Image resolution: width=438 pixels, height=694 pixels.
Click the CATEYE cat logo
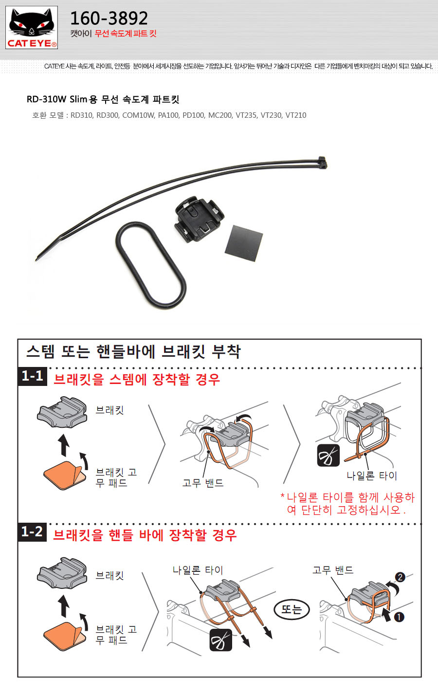tap(32, 28)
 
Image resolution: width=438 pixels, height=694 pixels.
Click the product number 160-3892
tap(109, 18)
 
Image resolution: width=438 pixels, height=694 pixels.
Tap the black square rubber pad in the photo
tap(244, 243)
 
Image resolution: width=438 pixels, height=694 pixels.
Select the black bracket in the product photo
tap(200, 219)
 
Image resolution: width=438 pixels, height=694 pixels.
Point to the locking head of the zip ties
tap(322, 163)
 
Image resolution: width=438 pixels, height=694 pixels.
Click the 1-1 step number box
tap(33, 376)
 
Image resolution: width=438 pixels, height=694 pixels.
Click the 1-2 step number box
tap(32, 532)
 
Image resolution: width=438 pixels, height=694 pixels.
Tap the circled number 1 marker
tap(399, 617)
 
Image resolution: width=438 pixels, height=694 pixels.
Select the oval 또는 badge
tap(292, 609)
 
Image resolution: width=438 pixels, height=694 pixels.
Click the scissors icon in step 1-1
tap(328, 456)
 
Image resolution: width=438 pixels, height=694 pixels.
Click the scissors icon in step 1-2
tap(221, 640)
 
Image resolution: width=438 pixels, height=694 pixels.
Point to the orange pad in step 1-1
tap(64, 475)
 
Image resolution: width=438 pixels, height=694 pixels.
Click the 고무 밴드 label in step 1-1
tap(203, 483)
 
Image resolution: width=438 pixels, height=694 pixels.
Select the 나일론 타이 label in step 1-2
tap(198, 570)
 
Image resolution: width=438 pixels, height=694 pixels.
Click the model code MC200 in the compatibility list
tap(220, 115)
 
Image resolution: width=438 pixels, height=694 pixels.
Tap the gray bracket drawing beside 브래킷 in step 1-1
tap(62, 412)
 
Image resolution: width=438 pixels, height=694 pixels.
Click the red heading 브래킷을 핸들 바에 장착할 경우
tap(145, 535)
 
